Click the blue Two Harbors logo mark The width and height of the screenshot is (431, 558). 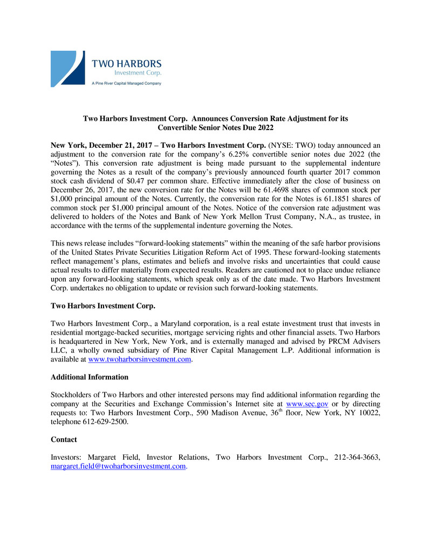click(67, 69)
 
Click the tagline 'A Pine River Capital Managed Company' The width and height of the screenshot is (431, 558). click(126, 83)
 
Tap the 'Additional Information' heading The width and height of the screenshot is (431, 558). click(90, 377)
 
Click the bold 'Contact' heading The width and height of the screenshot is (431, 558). click(64, 439)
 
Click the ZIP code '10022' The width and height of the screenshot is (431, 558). click(370, 413)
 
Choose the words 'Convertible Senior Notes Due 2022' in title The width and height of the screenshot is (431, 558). click(215, 127)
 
